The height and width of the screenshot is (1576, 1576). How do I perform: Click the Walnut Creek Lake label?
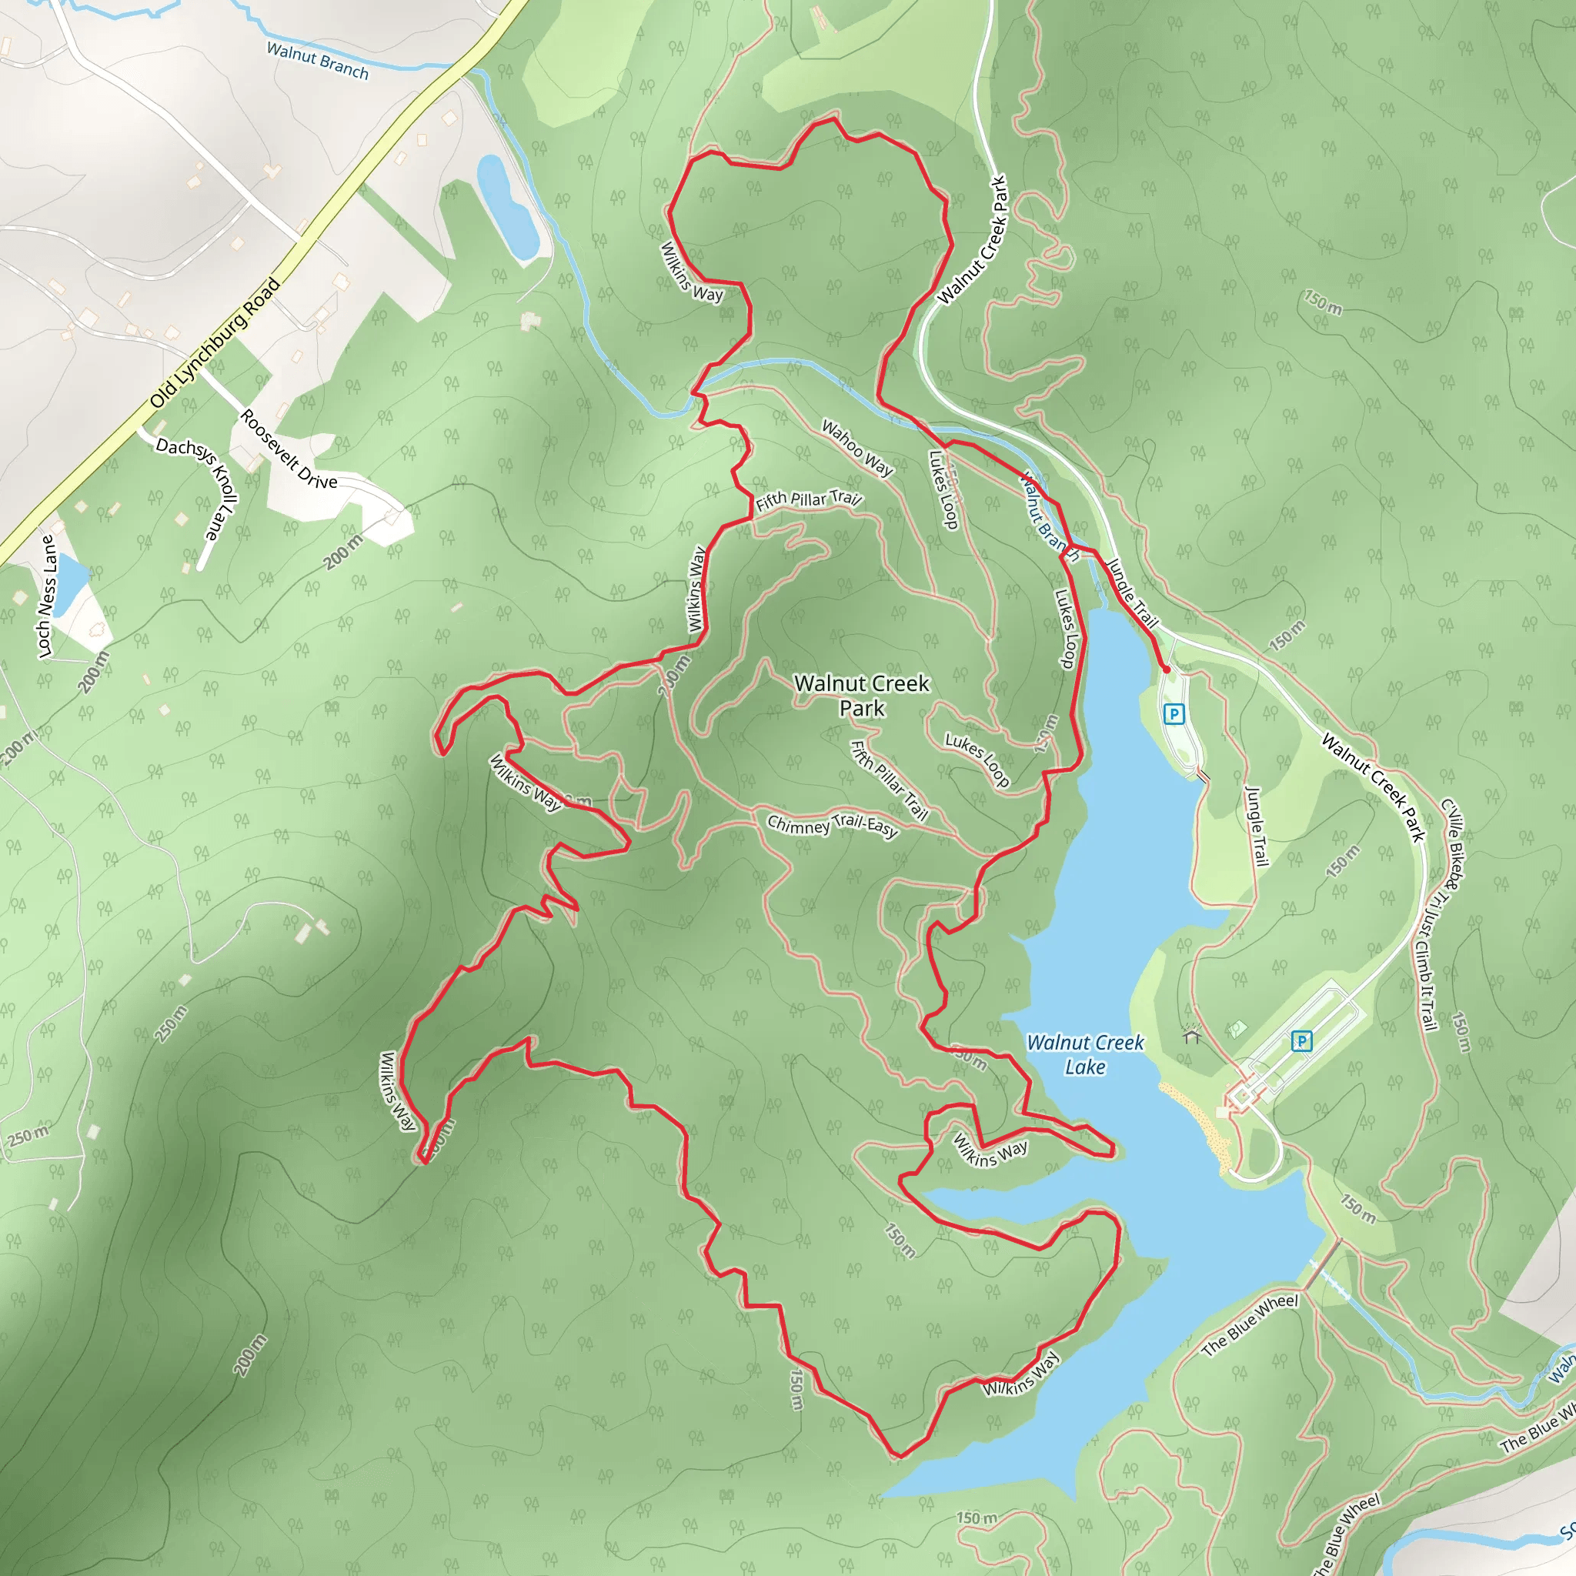coord(1084,1054)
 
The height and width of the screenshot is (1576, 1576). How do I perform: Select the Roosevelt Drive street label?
coord(288,449)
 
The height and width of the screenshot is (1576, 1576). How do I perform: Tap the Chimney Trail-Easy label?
coord(832,825)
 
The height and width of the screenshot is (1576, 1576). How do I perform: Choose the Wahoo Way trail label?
coord(856,447)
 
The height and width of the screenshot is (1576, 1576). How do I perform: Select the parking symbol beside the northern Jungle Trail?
coord(1174,715)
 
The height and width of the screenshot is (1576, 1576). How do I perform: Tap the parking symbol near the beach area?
coord(1301,1041)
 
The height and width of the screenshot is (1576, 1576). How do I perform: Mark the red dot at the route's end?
coord(1167,669)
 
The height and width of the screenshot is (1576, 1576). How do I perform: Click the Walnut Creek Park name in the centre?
coord(861,695)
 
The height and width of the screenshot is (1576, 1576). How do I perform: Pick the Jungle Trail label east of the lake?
coord(1256,826)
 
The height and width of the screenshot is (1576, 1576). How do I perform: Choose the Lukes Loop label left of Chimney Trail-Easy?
coord(977,760)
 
